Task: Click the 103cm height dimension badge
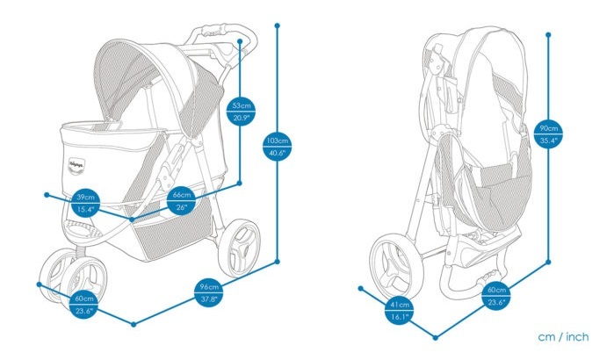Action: (278, 146)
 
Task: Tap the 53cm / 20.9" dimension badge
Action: (242, 112)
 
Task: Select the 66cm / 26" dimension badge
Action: (182, 200)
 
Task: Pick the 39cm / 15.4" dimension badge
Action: (85, 203)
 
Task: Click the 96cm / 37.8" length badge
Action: (209, 292)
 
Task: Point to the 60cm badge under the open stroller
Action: (84, 305)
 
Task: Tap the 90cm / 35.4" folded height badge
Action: (549, 134)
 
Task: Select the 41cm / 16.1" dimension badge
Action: (400, 310)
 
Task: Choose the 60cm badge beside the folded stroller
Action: (496, 295)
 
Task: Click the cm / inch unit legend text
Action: (563, 337)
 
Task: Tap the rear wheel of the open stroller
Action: (239, 248)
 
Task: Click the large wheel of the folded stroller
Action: (396, 267)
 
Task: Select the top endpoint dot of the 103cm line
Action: (278, 25)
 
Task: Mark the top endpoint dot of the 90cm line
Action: (548, 35)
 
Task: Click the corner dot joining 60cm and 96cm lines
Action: (134, 324)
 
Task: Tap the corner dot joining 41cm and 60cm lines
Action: (436, 337)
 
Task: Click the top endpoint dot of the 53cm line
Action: (240, 40)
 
